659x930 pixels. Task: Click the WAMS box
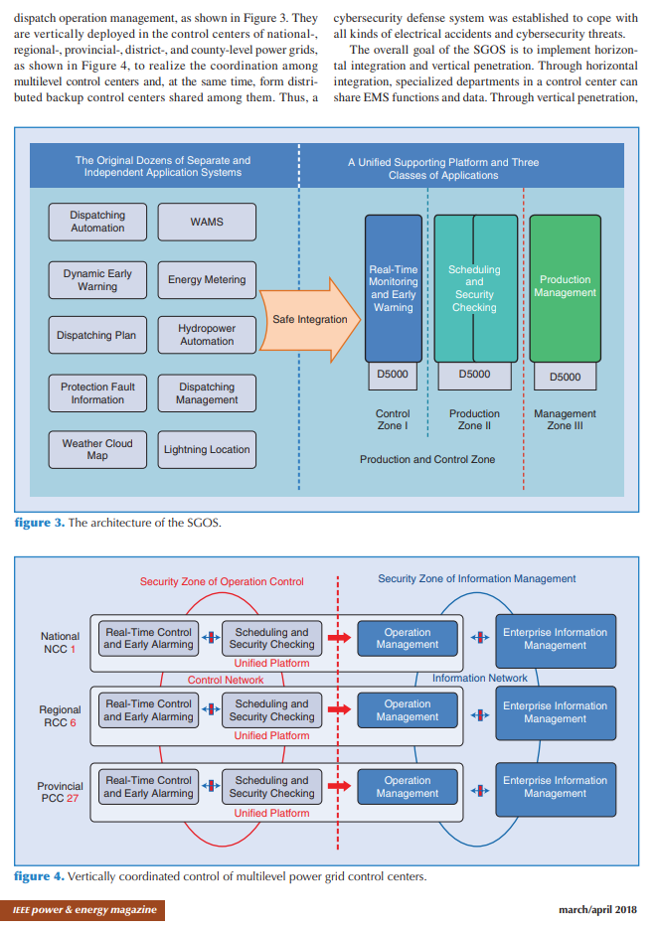[x=207, y=222]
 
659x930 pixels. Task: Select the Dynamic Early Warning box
[x=97, y=280]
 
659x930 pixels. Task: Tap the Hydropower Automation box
[x=207, y=335]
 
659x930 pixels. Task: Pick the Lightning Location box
[x=207, y=449]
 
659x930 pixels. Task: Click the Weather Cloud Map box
[x=97, y=449]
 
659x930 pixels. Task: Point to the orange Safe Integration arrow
[x=308, y=320]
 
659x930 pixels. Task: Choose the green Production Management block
[x=566, y=287]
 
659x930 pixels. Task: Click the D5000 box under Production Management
[x=566, y=377]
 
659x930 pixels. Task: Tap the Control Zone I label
[x=393, y=419]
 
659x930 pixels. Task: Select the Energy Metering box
[x=207, y=280]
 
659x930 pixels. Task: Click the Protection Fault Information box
[x=97, y=393]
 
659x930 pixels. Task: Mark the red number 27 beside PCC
[x=73, y=798]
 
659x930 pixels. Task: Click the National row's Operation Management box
[x=408, y=639]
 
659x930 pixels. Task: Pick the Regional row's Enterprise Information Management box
[x=555, y=712]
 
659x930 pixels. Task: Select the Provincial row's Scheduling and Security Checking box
[x=271, y=787]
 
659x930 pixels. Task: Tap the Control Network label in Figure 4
[x=226, y=680]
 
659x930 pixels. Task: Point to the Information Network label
[x=480, y=678]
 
